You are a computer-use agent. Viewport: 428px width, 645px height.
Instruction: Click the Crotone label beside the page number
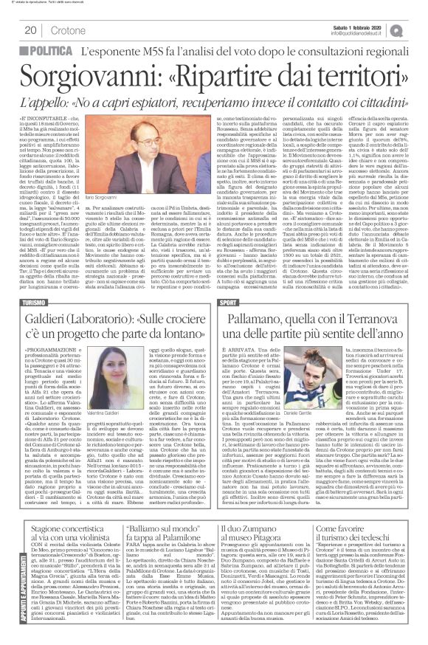pyautogui.click(x=67, y=30)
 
